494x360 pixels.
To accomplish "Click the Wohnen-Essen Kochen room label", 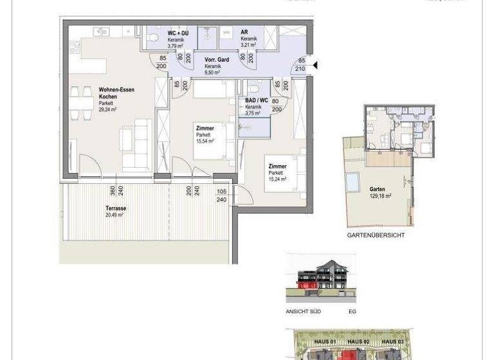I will point(116,93).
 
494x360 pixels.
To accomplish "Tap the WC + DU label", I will point(160,32).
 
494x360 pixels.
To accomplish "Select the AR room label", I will point(244,32).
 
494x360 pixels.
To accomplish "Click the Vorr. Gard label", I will point(217,60).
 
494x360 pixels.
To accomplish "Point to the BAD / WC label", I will point(257,100).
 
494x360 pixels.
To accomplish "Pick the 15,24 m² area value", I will point(278,179).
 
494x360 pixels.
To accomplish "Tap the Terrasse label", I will point(116,208).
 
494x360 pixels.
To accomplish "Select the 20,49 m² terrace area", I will point(114,215).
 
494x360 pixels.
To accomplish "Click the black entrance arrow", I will point(315,64).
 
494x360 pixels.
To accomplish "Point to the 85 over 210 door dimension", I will point(300,65).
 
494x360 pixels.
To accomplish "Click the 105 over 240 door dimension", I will point(222,195).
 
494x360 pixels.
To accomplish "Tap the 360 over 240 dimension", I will point(116,191).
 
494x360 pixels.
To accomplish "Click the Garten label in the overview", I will point(378,190).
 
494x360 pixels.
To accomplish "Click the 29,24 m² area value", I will point(107,109).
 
